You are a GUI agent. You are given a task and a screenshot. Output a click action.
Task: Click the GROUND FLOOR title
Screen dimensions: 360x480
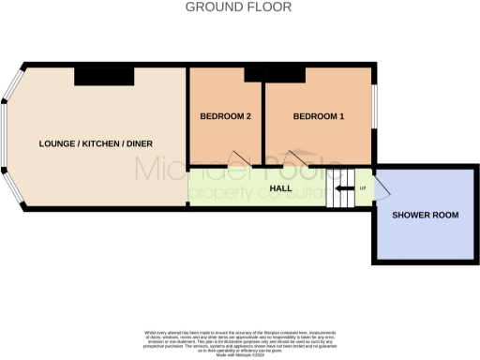(239, 7)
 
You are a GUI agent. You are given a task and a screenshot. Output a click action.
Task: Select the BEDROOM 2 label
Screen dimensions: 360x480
(225, 116)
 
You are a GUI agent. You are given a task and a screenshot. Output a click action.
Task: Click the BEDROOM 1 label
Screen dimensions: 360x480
(319, 116)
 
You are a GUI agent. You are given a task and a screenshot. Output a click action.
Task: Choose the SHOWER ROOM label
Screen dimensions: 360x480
(425, 215)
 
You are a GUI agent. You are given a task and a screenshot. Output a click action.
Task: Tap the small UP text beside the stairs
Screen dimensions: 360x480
(362, 188)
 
